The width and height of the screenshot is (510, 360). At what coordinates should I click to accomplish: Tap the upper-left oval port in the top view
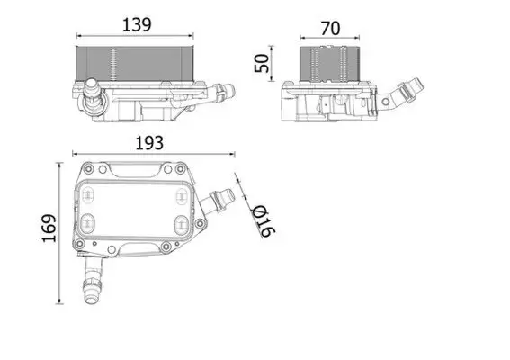tap(88, 193)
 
